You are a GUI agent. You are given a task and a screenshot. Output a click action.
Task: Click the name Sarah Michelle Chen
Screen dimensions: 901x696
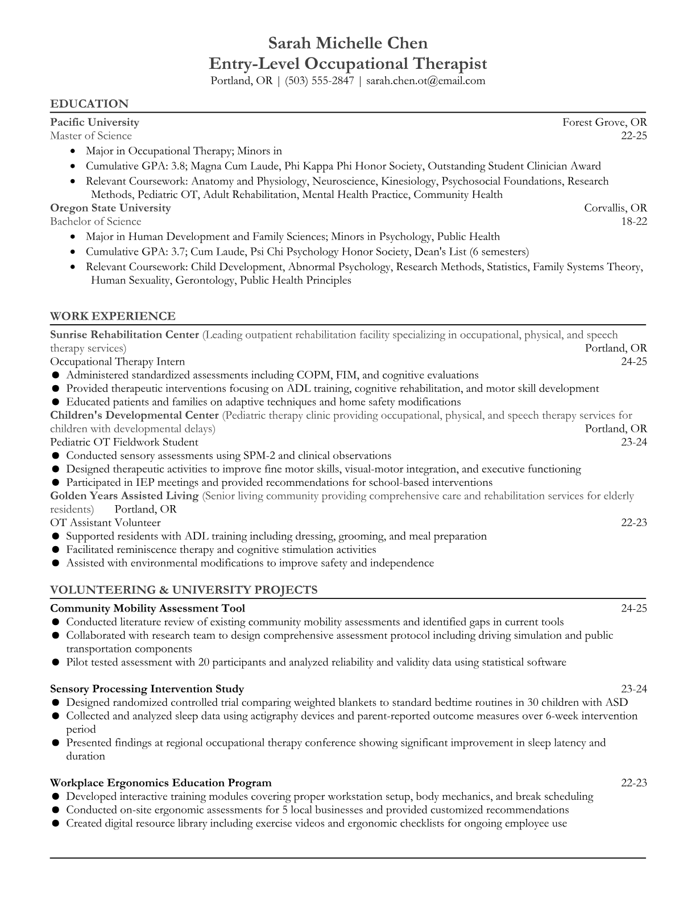click(347, 43)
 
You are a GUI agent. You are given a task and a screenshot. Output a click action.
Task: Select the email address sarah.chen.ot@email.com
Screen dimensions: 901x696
click(425, 81)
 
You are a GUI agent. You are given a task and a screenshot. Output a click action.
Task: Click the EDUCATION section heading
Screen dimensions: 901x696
click(89, 104)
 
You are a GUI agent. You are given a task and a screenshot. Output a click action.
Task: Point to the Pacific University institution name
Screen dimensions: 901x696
click(94, 122)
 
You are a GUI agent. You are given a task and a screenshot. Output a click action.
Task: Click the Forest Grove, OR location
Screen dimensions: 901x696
click(604, 122)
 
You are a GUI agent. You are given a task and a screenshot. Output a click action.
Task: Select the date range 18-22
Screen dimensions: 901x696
click(634, 221)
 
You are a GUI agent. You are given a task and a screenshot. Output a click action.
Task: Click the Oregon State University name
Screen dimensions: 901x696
click(110, 208)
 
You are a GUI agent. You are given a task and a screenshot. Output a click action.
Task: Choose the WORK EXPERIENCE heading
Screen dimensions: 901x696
click(113, 316)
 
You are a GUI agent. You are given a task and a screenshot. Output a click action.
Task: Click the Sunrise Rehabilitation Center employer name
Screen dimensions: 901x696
click(125, 334)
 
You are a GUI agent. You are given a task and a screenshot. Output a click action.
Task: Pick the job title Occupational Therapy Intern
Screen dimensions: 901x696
click(117, 362)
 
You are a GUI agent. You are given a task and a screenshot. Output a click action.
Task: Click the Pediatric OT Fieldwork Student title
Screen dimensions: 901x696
click(124, 442)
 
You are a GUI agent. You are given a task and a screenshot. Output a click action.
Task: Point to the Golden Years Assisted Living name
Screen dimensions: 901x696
click(124, 495)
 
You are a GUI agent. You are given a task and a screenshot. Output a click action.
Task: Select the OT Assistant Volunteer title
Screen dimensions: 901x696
click(105, 523)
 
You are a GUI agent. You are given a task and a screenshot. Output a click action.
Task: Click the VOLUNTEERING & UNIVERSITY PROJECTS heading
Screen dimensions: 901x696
click(184, 590)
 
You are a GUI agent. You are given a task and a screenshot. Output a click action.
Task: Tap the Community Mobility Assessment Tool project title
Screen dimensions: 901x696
click(147, 609)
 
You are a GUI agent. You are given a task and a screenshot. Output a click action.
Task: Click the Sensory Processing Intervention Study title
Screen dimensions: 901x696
click(147, 689)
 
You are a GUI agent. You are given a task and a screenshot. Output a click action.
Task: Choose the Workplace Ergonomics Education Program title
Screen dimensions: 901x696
click(160, 783)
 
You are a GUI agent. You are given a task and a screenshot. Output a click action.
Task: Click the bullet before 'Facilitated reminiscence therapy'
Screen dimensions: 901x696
click(56, 550)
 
